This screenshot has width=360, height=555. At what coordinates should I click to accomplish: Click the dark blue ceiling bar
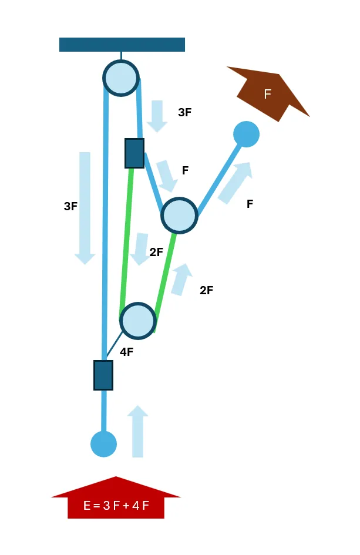[x=122, y=45]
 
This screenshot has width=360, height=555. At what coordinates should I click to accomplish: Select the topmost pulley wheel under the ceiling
[x=121, y=78]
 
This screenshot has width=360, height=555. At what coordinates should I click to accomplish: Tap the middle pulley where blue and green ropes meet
[x=179, y=215]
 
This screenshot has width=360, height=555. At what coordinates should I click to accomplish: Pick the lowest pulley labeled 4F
[x=138, y=321]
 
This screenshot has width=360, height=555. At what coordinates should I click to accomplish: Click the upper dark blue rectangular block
[x=134, y=153]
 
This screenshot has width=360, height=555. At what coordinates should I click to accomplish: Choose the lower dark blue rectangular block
[x=103, y=375]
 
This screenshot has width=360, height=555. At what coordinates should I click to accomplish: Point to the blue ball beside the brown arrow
[x=247, y=134]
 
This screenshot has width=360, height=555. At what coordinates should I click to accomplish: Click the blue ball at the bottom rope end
[x=104, y=444]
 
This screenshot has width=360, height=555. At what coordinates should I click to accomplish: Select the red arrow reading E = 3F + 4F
[x=116, y=497]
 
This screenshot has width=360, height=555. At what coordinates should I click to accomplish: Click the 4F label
[x=127, y=352]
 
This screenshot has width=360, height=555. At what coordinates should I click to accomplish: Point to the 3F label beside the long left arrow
[x=70, y=206]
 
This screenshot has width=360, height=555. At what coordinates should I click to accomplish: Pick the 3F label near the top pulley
[x=185, y=112]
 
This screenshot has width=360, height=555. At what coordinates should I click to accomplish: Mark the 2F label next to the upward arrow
[x=206, y=290]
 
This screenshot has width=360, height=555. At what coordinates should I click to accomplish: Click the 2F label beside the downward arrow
[x=156, y=252]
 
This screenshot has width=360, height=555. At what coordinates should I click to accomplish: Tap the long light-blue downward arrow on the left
[x=85, y=208]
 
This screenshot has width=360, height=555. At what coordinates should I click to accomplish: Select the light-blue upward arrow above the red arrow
[x=137, y=431]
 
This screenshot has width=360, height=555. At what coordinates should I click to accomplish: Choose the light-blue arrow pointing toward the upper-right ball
[x=235, y=183]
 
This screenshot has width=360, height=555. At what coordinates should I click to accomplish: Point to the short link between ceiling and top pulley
[x=121, y=56]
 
